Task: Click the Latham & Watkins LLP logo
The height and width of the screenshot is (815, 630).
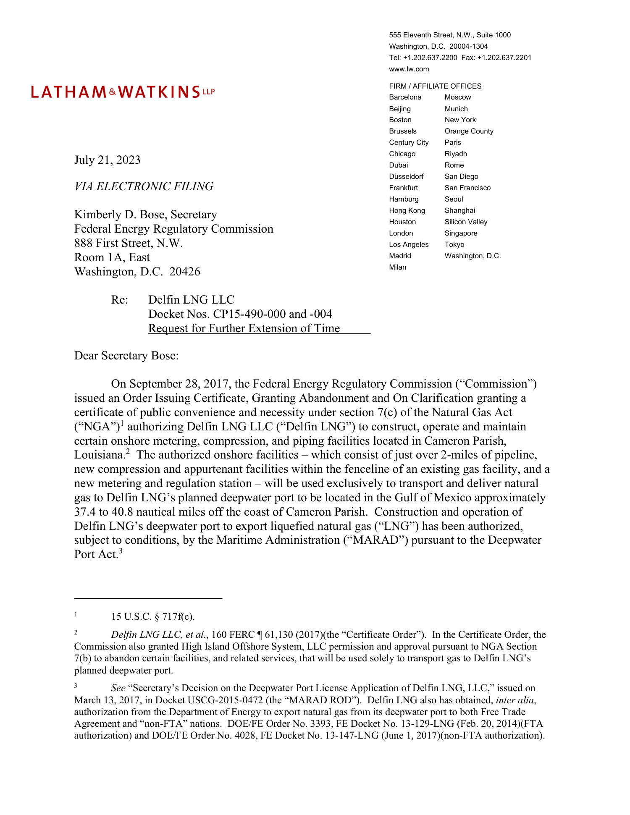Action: tap(123, 92)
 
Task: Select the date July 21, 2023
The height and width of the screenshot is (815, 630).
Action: tap(107, 160)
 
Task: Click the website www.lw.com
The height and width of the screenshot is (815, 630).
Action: tap(409, 69)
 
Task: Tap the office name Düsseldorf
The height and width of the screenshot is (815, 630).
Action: tap(406, 176)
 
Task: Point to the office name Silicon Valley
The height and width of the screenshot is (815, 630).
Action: tap(466, 222)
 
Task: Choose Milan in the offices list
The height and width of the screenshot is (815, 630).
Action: tap(397, 267)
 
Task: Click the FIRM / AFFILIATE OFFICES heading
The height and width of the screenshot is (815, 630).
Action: tap(435, 86)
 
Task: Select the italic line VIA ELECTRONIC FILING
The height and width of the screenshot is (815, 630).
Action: tap(144, 186)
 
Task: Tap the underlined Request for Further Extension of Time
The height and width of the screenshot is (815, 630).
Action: tap(244, 328)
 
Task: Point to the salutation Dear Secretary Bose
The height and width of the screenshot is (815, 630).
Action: tap(126, 356)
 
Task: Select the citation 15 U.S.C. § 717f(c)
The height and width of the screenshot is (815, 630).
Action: tap(153, 616)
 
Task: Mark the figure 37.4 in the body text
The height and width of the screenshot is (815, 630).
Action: tap(85, 512)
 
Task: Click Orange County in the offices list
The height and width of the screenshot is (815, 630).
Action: tap(469, 131)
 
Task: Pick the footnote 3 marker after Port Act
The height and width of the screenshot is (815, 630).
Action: tap(121, 551)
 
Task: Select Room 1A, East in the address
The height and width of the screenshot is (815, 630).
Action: tap(112, 257)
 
